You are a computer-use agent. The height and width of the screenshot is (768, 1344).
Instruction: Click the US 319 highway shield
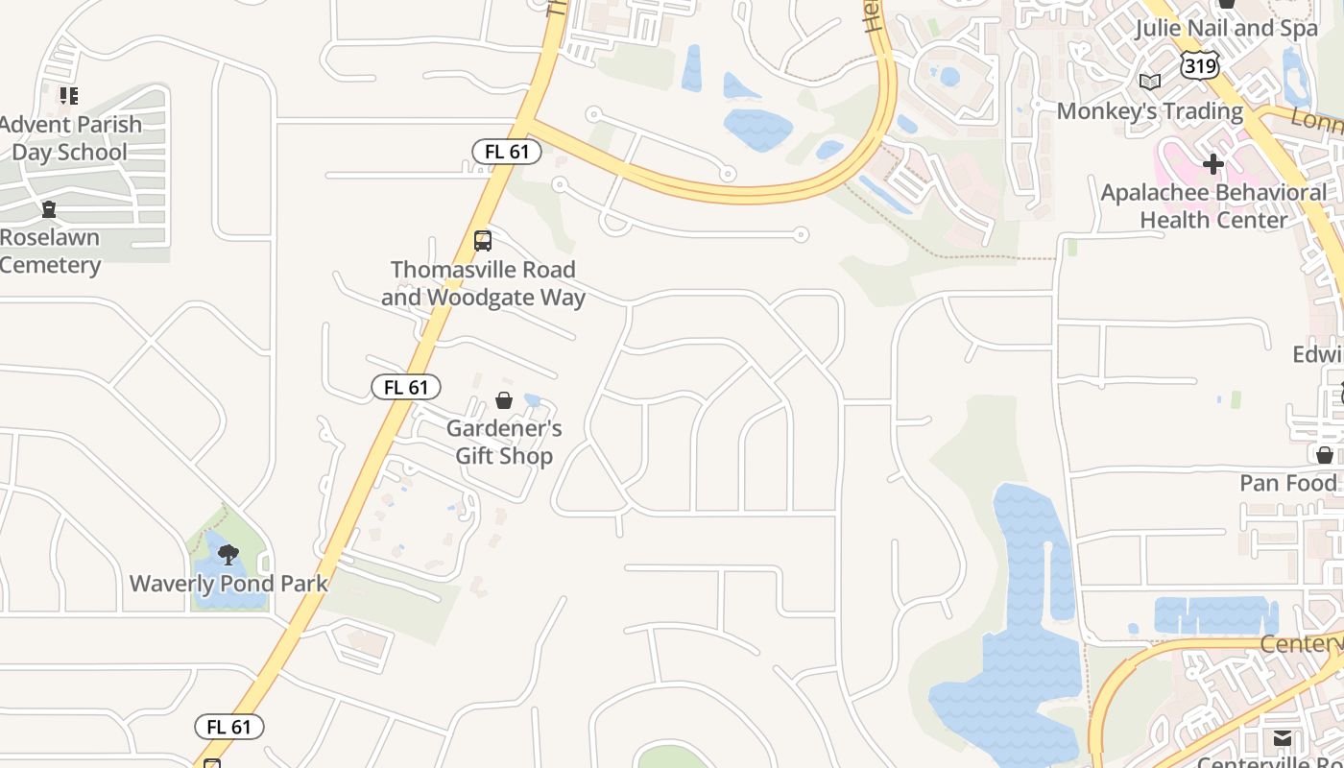[1201, 65]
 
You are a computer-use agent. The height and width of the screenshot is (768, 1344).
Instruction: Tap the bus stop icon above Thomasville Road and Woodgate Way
[483, 241]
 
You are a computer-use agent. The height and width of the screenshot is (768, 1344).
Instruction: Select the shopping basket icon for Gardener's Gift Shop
[504, 400]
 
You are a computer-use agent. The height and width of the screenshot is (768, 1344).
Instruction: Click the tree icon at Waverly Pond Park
[228, 554]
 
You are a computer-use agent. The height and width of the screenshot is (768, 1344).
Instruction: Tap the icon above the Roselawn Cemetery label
[49, 209]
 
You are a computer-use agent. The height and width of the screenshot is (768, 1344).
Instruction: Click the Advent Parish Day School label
[69, 138]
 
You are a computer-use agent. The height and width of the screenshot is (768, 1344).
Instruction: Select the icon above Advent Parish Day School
[69, 95]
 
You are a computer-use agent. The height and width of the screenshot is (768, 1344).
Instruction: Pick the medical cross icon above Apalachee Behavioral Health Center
[1213, 164]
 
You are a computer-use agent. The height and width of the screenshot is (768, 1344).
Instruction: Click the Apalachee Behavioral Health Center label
[1213, 206]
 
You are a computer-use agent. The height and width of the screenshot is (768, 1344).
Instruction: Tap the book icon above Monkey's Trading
[1150, 83]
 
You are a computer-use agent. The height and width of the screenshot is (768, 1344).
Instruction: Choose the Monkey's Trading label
[1150, 111]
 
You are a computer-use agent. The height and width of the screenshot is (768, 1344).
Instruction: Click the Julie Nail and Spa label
[1226, 29]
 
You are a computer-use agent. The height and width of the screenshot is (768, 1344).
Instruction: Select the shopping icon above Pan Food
[1325, 455]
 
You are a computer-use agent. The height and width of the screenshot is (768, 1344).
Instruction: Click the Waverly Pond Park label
[228, 584]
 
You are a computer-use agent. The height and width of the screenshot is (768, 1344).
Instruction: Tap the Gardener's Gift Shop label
[504, 442]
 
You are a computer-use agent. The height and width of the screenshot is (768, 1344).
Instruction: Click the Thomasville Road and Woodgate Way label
[483, 283]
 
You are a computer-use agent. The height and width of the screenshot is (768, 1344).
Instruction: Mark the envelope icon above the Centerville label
[1283, 738]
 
